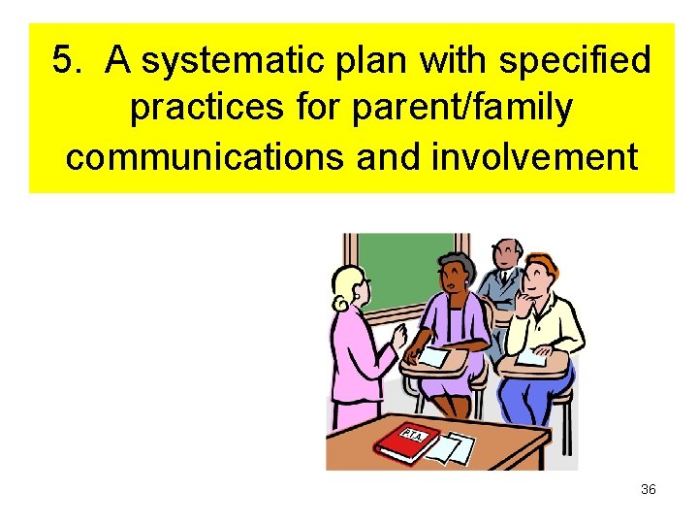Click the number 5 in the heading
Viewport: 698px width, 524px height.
(64, 62)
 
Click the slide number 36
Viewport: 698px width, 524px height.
(648, 489)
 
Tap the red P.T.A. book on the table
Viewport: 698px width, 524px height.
(408, 441)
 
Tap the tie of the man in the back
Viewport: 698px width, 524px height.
(504, 281)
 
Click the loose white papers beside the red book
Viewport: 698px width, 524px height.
(452, 447)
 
